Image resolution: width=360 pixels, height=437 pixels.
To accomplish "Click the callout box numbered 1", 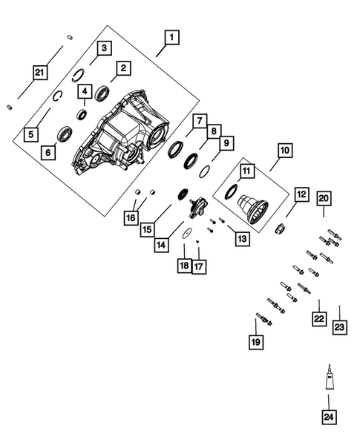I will (x=171, y=36).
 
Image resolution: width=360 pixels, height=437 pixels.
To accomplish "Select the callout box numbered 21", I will (x=38, y=72).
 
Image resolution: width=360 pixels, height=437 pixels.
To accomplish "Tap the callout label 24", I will (x=328, y=417).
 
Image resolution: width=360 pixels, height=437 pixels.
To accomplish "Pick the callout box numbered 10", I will (x=285, y=151).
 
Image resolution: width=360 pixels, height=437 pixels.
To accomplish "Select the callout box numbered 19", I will (x=255, y=342).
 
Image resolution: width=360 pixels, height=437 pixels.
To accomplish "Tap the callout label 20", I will (x=324, y=198).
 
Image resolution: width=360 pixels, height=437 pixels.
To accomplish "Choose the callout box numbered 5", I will (x=30, y=134).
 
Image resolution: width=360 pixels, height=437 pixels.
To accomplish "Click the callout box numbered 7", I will (x=198, y=121).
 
